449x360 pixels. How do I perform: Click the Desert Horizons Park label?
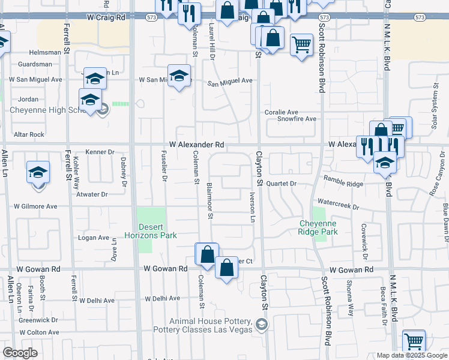(x=150, y=231)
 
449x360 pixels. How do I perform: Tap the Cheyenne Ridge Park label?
(x=319, y=227)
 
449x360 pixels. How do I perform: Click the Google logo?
(x=20, y=353)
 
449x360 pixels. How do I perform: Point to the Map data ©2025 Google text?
(x=412, y=355)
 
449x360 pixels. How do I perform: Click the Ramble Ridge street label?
(x=343, y=179)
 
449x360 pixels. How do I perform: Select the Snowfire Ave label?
(x=297, y=119)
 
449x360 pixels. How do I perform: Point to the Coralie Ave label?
(x=282, y=112)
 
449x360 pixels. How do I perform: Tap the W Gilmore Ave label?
(x=36, y=206)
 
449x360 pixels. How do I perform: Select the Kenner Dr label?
(x=100, y=152)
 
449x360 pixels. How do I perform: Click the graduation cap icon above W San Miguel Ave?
(x=179, y=76)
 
